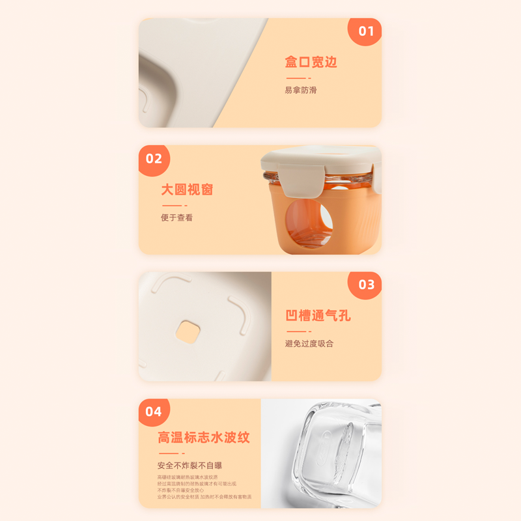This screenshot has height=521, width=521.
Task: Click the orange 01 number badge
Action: point(366,31)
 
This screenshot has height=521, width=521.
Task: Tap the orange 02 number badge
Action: point(154,159)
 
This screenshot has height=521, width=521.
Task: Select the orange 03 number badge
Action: point(366,285)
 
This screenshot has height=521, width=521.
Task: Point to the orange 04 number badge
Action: point(154,412)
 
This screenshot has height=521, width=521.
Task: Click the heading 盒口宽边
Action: point(311,63)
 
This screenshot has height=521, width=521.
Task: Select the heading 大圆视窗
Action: point(187,190)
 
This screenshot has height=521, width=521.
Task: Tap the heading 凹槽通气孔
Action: point(318,316)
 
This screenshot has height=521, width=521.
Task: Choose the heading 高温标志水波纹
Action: point(203,437)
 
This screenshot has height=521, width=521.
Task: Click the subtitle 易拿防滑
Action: point(300,90)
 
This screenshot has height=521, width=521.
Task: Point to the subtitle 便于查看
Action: point(176,218)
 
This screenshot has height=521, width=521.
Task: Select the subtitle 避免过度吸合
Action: point(309,343)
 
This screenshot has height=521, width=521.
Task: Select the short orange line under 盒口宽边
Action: point(296,78)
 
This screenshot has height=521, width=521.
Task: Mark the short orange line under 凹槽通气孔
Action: point(296,331)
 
